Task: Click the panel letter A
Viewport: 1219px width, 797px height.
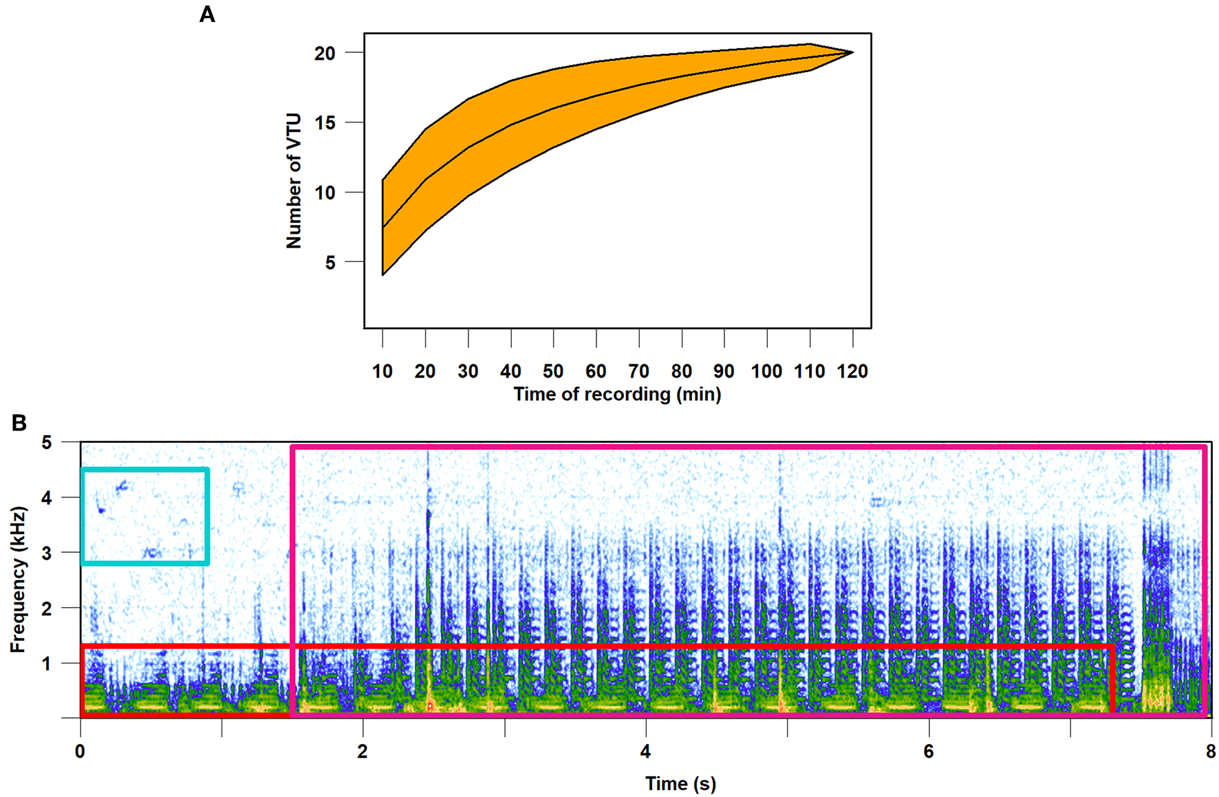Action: pyautogui.click(x=207, y=14)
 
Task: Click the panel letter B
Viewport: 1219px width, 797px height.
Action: pyautogui.click(x=19, y=422)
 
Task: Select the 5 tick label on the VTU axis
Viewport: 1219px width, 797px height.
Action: pyautogui.click(x=330, y=263)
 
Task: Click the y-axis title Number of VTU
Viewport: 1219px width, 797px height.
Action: pyautogui.click(x=294, y=181)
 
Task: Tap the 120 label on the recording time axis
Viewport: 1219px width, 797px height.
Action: pyautogui.click(x=852, y=371)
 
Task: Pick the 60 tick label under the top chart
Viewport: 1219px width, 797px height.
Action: pyautogui.click(x=596, y=371)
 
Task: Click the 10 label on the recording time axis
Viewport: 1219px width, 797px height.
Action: pyautogui.click(x=382, y=371)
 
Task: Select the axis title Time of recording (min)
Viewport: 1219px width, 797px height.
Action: pyautogui.click(x=617, y=395)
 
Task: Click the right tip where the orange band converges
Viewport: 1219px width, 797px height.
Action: pyautogui.click(x=852, y=52)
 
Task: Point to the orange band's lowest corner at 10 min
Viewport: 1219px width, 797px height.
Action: pyautogui.click(x=383, y=274)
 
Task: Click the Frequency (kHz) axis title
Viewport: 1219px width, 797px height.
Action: pyautogui.click(x=18, y=579)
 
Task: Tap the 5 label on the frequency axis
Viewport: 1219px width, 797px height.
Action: pyautogui.click(x=47, y=442)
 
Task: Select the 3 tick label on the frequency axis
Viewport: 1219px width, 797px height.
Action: pyautogui.click(x=47, y=553)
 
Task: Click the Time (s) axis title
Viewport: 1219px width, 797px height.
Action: pyautogui.click(x=680, y=783)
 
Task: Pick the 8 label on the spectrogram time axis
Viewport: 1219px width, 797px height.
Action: pyautogui.click(x=1211, y=752)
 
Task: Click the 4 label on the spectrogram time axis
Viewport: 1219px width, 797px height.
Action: pyautogui.click(x=645, y=752)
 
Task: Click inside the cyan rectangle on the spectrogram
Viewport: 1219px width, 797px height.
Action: pyautogui.click(x=144, y=516)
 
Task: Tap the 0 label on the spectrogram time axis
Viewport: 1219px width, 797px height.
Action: pyautogui.click(x=80, y=752)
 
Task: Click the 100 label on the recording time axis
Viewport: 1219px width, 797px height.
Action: pyautogui.click(x=766, y=371)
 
